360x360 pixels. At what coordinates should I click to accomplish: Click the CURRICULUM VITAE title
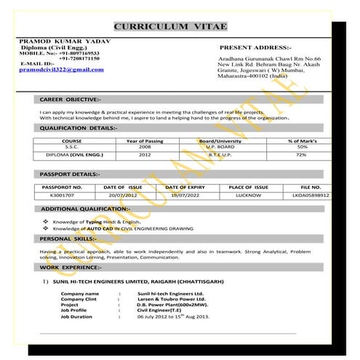[x=171, y=27]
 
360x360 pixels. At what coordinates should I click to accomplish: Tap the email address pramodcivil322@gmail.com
[x=61, y=70]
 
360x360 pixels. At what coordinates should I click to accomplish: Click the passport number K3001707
[x=62, y=196]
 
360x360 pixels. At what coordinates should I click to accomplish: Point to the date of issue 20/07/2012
[x=123, y=196]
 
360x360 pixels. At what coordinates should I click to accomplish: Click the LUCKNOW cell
[x=249, y=196]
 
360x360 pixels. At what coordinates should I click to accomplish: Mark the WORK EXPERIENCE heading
[x=71, y=267]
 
